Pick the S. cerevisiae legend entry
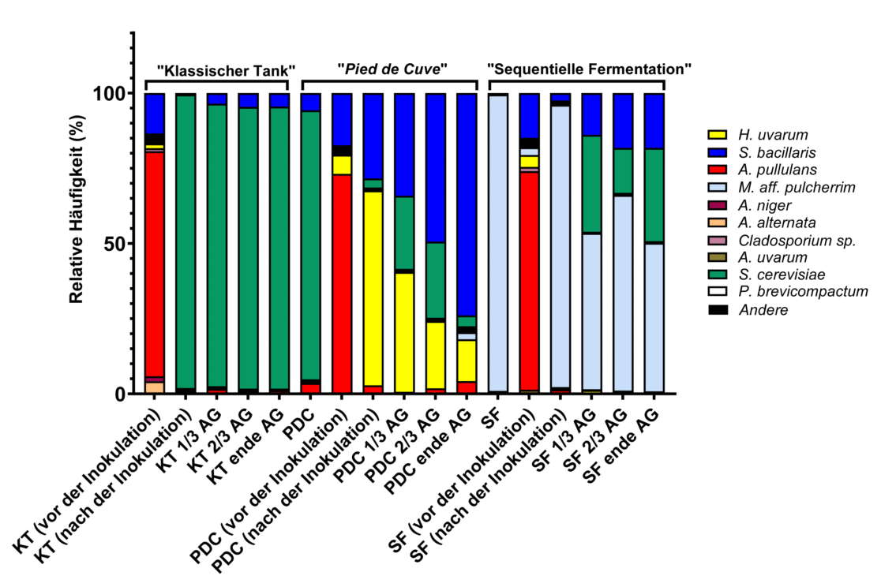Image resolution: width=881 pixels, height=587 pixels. pos(774,275)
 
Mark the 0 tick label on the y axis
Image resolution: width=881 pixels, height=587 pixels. pos(122,394)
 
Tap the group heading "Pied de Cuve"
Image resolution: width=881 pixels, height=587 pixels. pos(392,69)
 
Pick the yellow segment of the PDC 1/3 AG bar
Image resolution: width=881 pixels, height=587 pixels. pos(404,332)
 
